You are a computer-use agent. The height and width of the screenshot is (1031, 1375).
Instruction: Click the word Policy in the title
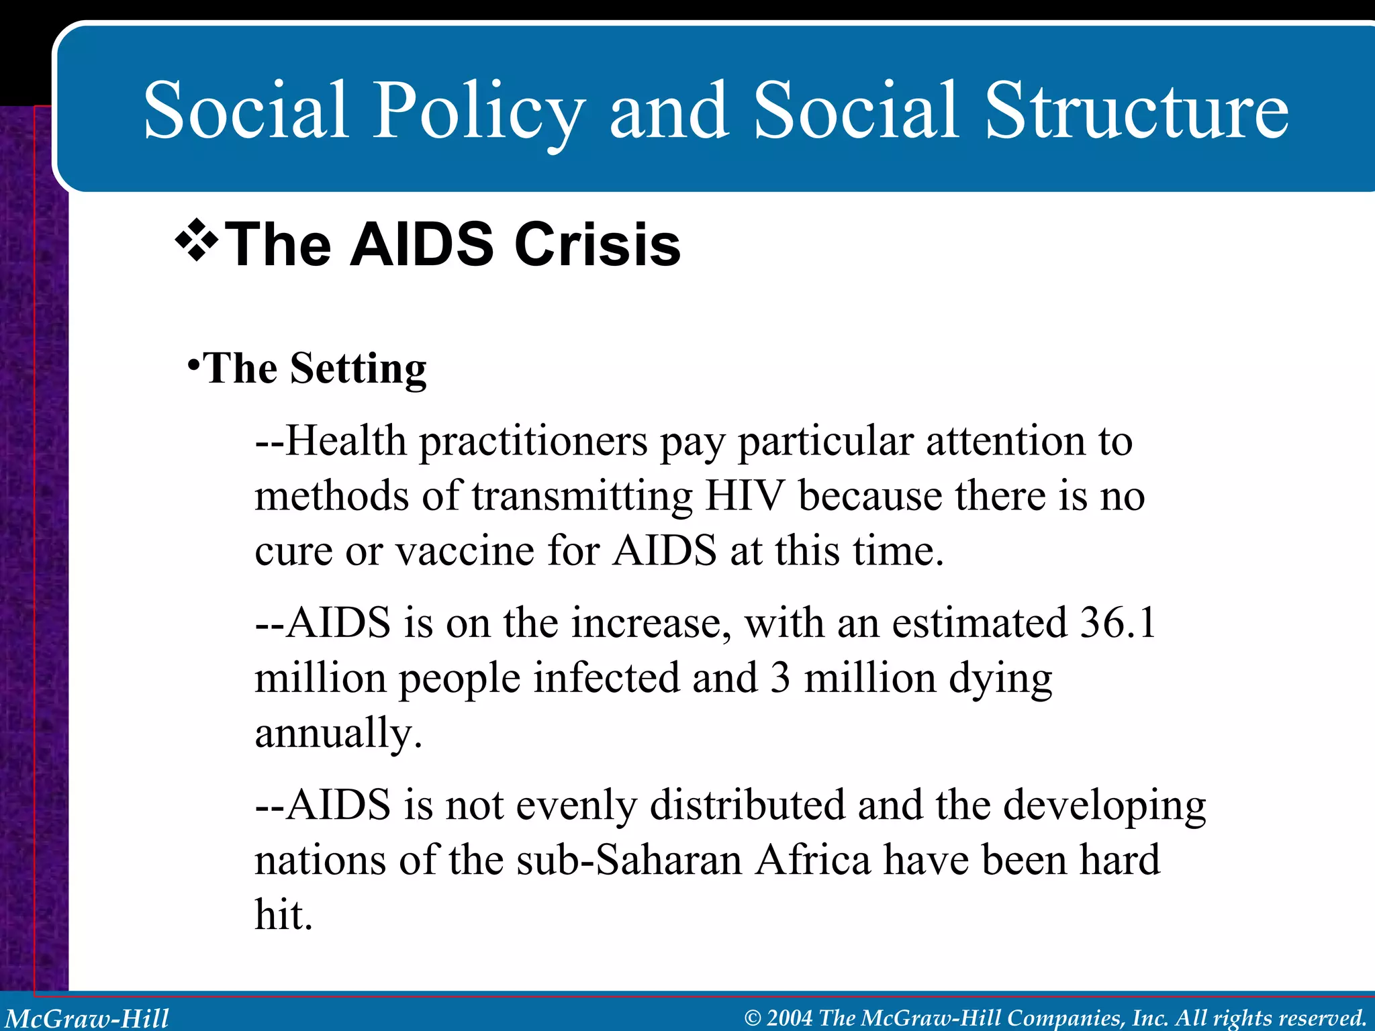coord(478,111)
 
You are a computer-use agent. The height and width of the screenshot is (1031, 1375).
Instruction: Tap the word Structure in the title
coord(1136,111)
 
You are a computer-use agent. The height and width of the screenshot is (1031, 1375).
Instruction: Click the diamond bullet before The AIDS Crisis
coord(197,240)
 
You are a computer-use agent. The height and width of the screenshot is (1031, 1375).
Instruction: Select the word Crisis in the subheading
coord(597,245)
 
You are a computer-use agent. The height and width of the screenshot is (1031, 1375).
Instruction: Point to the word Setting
coord(358,369)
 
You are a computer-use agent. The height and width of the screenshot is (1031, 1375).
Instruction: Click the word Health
coord(346,442)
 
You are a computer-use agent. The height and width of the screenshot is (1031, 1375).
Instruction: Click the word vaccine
coord(465,552)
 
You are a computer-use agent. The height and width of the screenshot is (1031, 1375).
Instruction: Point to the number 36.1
coord(1117,623)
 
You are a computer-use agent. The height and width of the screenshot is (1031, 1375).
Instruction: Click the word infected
coord(606,678)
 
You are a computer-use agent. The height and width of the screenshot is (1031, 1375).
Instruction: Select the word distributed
coord(747,805)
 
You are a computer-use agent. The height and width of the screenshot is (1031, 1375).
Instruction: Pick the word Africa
coord(812,861)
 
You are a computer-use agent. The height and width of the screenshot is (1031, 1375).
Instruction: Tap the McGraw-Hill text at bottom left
coord(87,1018)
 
